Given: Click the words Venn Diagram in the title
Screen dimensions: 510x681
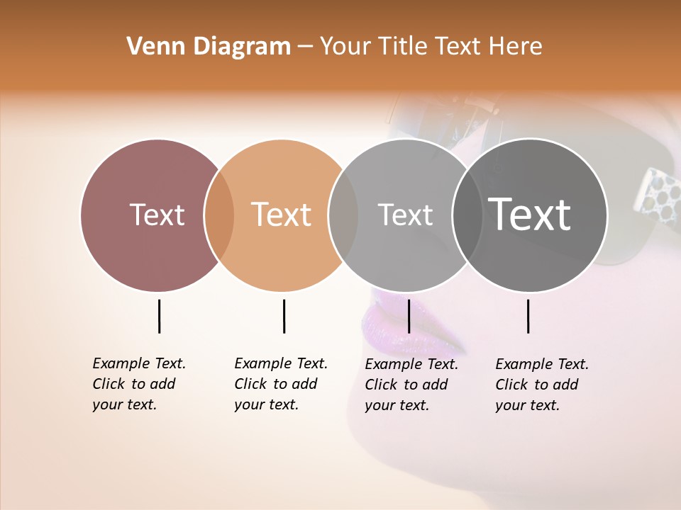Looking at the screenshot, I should click(x=209, y=46).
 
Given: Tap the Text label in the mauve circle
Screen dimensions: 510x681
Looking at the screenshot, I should click(x=157, y=215).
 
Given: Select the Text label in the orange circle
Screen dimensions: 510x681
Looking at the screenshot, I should click(x=282, y=215).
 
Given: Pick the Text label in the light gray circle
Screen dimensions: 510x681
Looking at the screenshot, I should click(x=405, y=215).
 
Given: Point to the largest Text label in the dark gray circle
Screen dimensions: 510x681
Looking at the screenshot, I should click(x=530, y=215).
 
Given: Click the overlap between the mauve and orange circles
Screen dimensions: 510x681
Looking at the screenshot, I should click(x=219, y=215).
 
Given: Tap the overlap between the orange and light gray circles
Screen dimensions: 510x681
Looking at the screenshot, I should click(x=343, y=215).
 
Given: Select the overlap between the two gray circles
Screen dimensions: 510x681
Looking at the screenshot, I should click(x=467, y=215).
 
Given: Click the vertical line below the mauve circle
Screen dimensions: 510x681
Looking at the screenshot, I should click(x=159, y=316).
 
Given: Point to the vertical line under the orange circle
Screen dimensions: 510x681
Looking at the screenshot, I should click(x=284, y=316).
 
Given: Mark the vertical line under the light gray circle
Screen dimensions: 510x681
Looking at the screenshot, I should click(x=409, y=316).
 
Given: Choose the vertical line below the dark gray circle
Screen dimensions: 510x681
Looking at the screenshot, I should click(x=528, y=316).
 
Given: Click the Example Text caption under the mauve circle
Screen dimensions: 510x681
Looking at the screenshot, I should click(x=138, y=384).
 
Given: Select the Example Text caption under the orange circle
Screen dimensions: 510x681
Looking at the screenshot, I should click(x=280, y=384).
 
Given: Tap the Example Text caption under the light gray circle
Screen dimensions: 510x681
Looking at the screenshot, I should click(x=411, y=385).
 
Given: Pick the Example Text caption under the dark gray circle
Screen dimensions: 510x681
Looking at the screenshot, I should click(x=541, y=385).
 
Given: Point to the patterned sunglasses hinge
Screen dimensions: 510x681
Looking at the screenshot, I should click(x=657, y=190).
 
